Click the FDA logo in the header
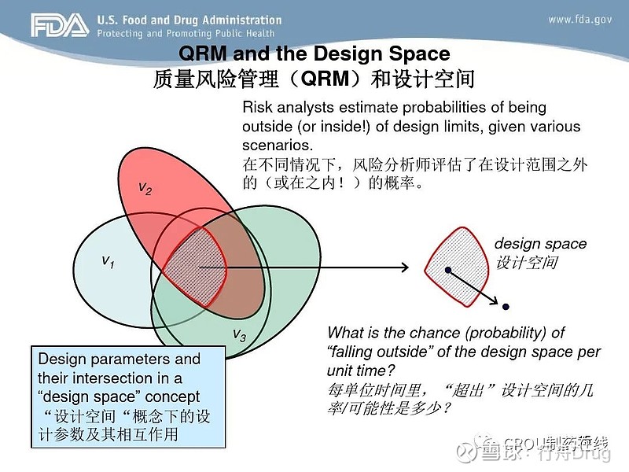click(60, 26)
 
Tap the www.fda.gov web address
click(581, 20)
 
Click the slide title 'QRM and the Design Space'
click(314, 53)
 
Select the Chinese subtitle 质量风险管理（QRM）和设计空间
click(314, 79)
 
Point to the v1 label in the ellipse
click(109, 261)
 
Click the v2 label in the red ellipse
click(145, 187)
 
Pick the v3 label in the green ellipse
click(239, 336)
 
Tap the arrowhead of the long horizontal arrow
click(404, 268)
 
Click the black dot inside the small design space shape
click(447, 270)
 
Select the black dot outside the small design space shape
click(506, 306)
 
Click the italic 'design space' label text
click(540, 244)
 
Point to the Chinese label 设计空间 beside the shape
click(525, 263)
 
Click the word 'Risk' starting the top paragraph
click(257, 108)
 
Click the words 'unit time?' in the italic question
click(359, 371)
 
